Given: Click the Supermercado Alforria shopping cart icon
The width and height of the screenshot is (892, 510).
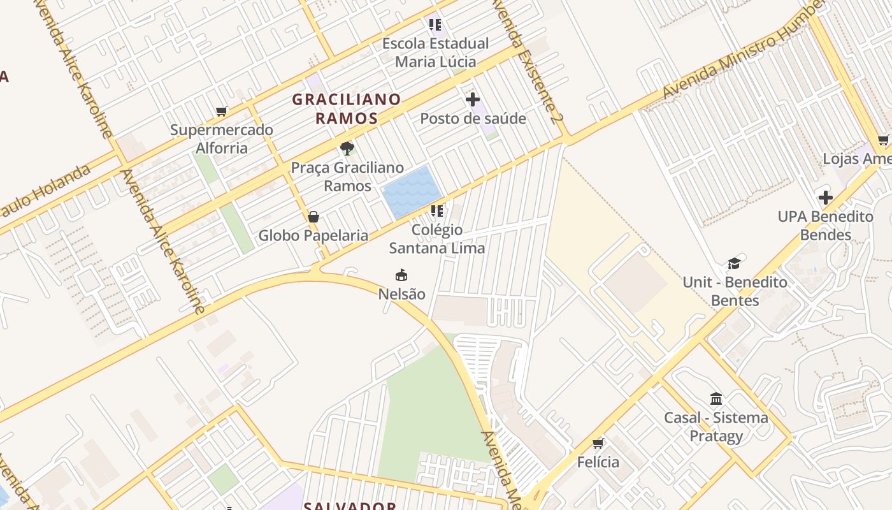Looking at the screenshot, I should [x=222, y=112].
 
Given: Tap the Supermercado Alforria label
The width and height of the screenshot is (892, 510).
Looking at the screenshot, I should [x=222, y=139].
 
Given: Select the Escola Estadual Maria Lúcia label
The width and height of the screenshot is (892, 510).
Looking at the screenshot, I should [x=436, y=52].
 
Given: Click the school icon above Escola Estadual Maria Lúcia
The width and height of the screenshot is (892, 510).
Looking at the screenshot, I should [x=435, y=25].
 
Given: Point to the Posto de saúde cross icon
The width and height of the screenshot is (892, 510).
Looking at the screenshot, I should [x=472, y=99].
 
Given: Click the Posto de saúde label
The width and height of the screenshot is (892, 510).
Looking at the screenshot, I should [x=473, y=119].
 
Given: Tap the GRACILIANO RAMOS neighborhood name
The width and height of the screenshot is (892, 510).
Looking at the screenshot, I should [x=347, y=108].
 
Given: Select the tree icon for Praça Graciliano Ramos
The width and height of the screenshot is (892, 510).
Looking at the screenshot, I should [x=347, y=149].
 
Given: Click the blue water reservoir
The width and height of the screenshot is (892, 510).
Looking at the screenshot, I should [x=412, y=191].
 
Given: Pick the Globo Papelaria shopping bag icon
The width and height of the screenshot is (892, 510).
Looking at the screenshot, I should [x=313, y=217].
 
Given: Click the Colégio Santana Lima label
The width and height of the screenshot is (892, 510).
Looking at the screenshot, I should [x=437, y=238].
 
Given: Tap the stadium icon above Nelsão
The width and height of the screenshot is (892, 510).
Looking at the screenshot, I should [x=401, y=275].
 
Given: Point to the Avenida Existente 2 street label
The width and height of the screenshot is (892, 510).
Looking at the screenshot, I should [x=528, y=61].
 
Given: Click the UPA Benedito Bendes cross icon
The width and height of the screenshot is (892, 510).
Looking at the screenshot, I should [x=826, y=198].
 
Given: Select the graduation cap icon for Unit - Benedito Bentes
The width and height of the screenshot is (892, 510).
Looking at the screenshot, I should [x=735, y=263].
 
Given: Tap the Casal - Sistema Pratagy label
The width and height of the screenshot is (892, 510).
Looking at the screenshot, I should [x=716, y=426].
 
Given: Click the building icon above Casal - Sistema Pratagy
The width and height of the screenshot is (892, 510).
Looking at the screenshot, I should [x=716, y=399].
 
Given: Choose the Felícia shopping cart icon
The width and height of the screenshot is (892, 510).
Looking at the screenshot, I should [x=598, y=443].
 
